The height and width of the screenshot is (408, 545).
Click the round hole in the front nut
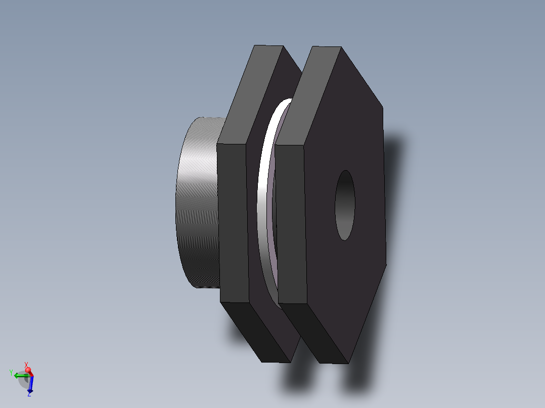(345, 205)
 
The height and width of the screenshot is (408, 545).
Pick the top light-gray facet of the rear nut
(250, 94)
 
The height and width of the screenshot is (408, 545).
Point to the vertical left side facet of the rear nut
(233, 222)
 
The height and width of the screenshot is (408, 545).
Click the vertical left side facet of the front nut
(291, 225)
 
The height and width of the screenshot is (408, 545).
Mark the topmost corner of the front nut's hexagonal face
(341, 48)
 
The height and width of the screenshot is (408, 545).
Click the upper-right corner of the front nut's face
(383, 107)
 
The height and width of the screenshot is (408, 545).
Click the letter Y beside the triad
(11, 373)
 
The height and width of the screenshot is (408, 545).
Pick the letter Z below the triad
(29, 394)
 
